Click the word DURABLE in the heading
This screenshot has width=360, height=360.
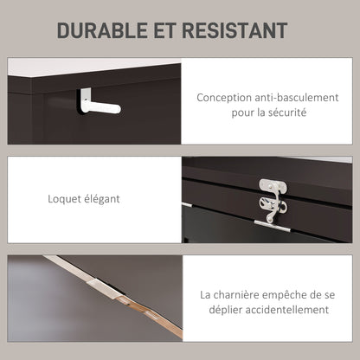(102, 30)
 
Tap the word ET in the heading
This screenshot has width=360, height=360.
(164, 30)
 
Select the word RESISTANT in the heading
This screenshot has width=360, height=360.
(235, 30)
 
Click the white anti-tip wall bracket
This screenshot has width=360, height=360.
(99, 102)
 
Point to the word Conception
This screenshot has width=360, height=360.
(224, 98)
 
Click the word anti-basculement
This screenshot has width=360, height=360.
(297, 98)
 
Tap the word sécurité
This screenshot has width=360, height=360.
(287, 112)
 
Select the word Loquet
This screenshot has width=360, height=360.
(65, 199)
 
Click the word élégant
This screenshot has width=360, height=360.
(102, 199)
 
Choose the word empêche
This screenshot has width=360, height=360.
(284, 296)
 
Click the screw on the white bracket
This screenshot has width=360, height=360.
(87, 100)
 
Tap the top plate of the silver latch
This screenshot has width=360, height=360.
(273, 186)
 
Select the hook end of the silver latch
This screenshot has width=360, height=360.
(270, 216)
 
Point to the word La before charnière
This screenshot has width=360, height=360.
(206, 295)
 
